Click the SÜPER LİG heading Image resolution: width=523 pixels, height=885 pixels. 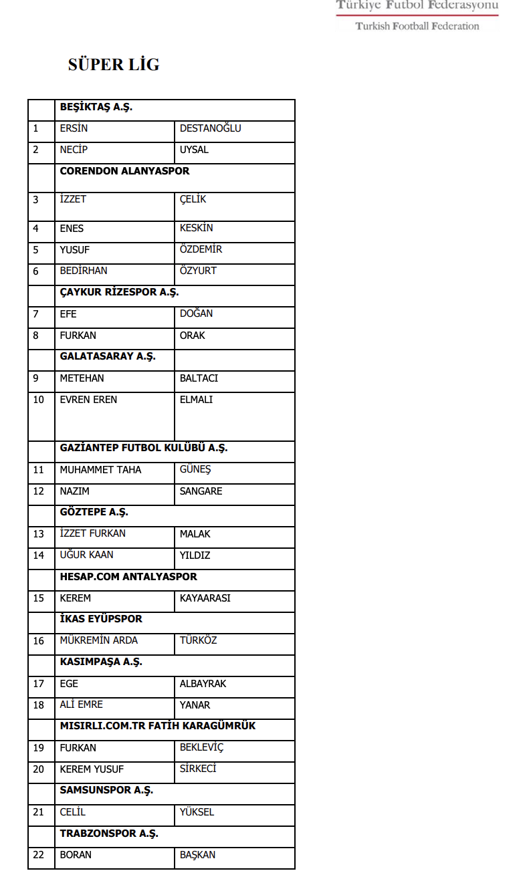click(114, 65)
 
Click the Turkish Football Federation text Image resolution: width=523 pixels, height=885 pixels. click(417, 26)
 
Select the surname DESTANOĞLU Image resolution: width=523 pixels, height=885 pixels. click(210, 128)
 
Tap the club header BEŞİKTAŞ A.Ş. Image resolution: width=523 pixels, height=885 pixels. click(96, 107)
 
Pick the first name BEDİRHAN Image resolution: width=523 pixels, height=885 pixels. click(83, 271)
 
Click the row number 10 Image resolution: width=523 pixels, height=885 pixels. click(39, 400)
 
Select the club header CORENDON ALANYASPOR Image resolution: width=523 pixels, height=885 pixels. click(124, 171)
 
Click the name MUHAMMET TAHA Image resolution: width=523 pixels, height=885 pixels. click(100, 470)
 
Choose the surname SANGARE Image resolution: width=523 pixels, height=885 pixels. click(201, 491)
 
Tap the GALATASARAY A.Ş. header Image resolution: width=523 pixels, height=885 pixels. click(108, 356)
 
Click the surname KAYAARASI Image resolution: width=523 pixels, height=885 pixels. click(205, 598)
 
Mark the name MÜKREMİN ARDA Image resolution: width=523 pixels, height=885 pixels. click(98, 640)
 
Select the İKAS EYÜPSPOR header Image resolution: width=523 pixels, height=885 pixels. click(101, 619)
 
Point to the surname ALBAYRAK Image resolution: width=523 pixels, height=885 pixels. click(203, 684)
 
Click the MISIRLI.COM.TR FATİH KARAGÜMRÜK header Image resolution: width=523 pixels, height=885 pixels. click(158, 726)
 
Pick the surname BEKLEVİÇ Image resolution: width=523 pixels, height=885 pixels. click(201, 747)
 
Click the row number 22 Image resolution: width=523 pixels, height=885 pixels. click(39, 855)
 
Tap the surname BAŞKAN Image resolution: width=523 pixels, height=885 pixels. click(197, 855)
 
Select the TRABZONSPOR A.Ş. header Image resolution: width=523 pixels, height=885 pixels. click(109, 834)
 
